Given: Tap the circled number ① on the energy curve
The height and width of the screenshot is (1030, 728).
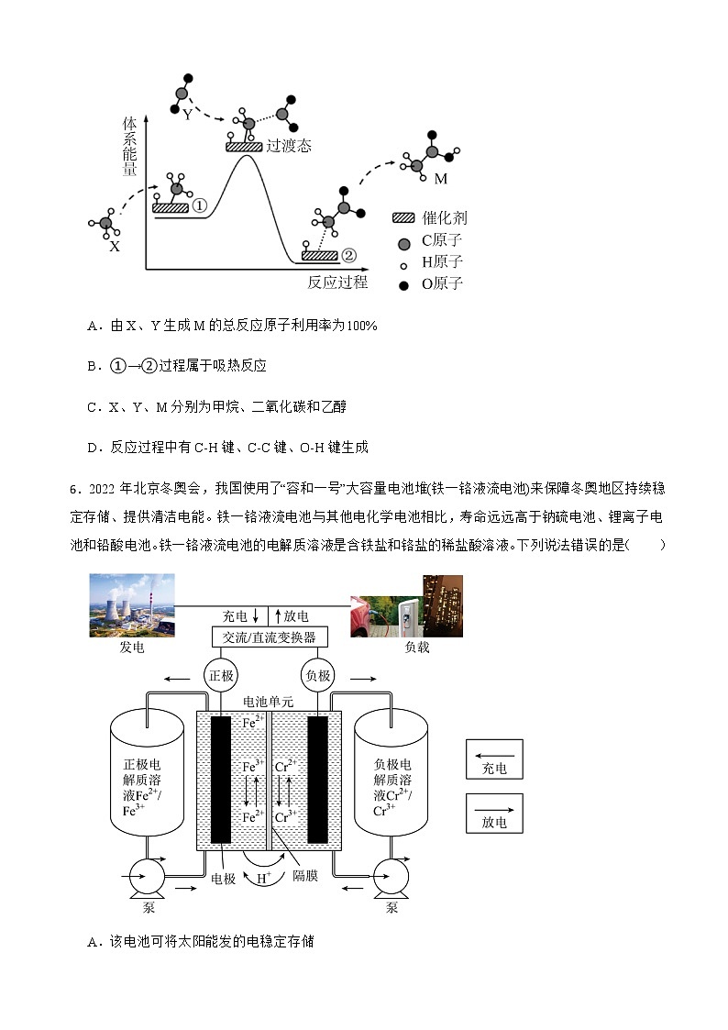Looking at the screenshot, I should (201, 206).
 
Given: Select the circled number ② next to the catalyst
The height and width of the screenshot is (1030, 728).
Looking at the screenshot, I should (347, 255).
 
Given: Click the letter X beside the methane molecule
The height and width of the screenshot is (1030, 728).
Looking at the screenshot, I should (115, 246).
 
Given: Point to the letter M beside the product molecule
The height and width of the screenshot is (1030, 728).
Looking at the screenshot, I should (441, 178).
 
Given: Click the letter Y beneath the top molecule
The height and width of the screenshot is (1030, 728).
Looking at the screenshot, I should (187, 115).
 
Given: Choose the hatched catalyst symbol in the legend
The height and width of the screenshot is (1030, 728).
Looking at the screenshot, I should (403, 217).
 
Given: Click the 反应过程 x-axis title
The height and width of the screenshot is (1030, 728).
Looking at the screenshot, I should (336, 282).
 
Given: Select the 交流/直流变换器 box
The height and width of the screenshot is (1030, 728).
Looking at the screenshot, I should (270, 637).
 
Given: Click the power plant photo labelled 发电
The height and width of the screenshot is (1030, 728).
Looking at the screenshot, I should (131, 605).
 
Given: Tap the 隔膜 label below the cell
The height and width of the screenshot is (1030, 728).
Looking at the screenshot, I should (305, 877).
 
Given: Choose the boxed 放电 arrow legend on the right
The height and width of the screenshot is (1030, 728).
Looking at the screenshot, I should (494, 811).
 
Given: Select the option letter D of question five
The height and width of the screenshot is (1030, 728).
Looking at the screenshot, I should (93, 447).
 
